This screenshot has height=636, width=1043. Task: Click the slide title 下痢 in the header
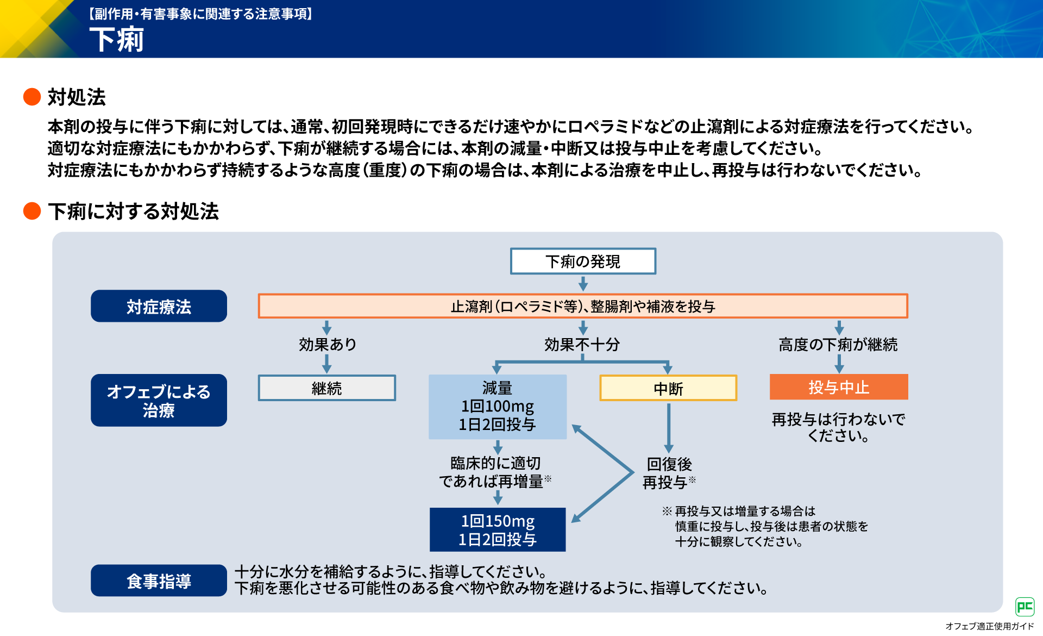[117, 40]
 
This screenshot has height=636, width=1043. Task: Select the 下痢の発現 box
[583, 261]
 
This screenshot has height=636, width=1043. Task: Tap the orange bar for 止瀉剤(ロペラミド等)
[583, 306]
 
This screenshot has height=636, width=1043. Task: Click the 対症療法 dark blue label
[159, 306]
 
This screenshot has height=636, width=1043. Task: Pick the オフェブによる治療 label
[159, 400]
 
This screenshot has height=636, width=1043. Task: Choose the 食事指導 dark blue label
[159, 581]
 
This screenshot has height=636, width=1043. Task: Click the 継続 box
[326, 388]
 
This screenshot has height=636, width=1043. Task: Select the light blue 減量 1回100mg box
[498, 406]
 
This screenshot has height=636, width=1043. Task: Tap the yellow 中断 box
[668, 388]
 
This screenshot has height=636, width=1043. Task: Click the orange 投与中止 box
[839, 387]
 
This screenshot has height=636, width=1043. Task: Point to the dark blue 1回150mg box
[498, 529]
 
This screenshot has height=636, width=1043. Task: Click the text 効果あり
[327, 344]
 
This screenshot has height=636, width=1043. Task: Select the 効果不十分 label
[582, 344]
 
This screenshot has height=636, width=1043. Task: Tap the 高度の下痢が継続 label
[838, 344]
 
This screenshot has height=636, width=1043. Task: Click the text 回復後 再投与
[669, 473]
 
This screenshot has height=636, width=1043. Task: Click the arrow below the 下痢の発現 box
[583, 283]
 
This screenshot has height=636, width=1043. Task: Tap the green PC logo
[1025, 606]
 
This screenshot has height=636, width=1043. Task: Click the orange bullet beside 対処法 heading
[32, 97]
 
